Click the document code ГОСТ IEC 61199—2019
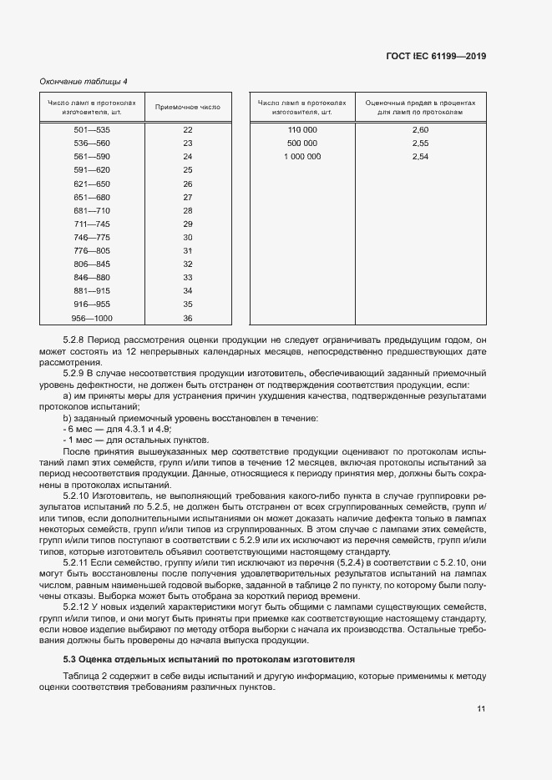point(436,56)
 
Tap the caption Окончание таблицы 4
point(84,81)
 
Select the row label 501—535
point(92,130)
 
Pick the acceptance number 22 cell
point(188,130)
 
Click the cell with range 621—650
point(92,184)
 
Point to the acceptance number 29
point(188,224)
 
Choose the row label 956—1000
point(92,318)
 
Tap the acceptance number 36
point(188,318)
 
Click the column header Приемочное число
point(188,107)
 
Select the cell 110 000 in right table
point(302,130)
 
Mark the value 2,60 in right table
point(420,130)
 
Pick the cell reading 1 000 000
point(302,157)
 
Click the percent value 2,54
point(420,157)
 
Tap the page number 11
point(481,709)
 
